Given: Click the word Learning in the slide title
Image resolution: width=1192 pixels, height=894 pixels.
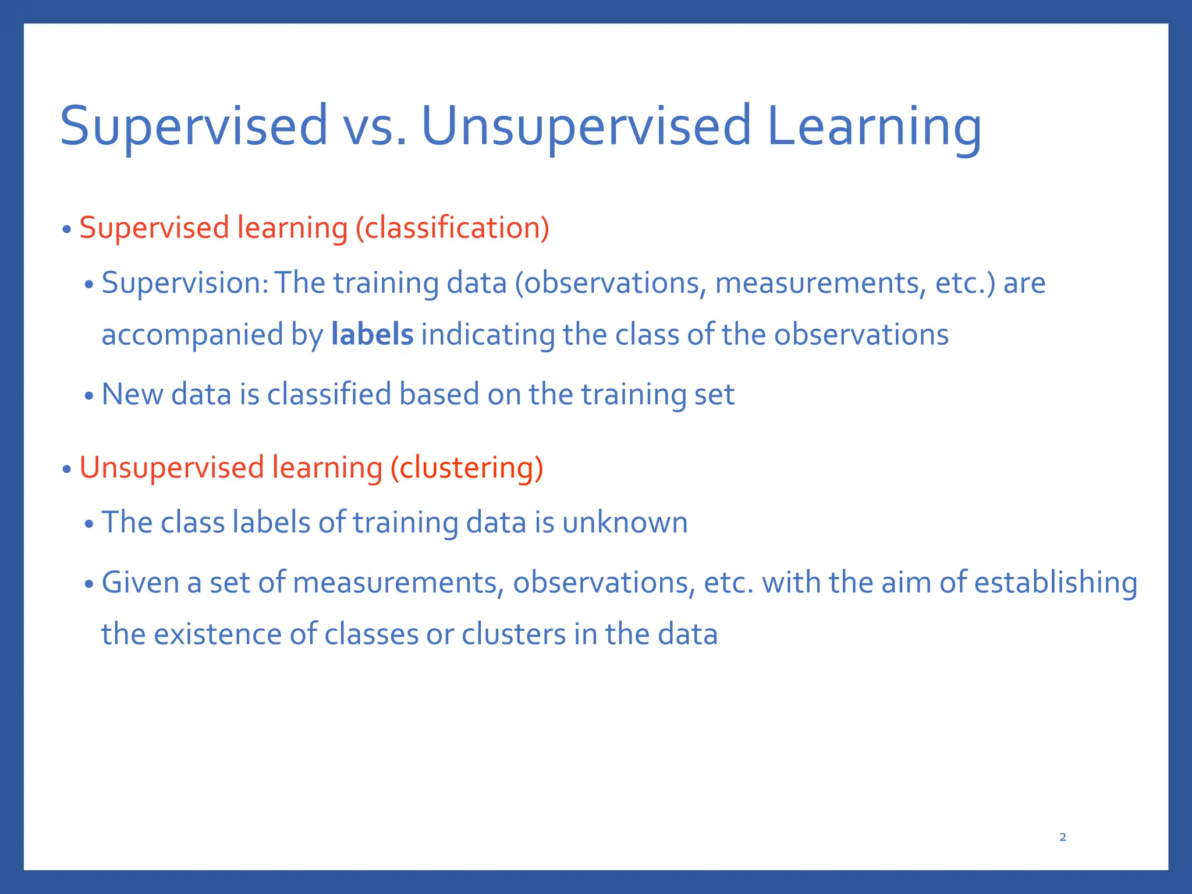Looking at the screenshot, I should (x=874, y=126).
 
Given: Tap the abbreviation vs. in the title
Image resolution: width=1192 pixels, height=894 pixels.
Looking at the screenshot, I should (x=375, y=126).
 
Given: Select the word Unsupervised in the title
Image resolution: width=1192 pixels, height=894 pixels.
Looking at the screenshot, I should (x=586, y=126).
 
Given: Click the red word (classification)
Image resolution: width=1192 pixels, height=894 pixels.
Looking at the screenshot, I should (x=452, y=228).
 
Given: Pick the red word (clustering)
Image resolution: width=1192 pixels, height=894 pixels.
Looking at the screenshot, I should (x=466, y=468).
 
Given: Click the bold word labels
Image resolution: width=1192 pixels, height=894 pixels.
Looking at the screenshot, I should (x=372, y=335).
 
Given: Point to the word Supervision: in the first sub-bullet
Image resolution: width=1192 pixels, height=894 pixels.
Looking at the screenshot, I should (x=185, y=283).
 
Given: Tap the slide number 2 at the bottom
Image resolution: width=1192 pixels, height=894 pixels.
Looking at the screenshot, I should (x=1063, y=837).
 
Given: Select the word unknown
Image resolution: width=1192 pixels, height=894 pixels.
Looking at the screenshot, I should (x=625, y=522).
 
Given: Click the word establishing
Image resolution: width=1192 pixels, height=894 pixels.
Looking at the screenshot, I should (x=1056, y=583).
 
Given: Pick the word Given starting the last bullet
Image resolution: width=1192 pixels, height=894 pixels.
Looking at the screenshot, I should (x=140, y=583).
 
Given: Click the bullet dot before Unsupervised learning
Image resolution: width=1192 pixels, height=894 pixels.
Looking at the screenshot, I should (x=67, y=469).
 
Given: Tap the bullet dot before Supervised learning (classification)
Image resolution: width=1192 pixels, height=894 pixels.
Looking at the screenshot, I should (x=67, y=229).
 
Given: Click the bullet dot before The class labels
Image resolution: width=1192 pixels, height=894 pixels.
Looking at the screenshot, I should (x=88, y=524).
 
